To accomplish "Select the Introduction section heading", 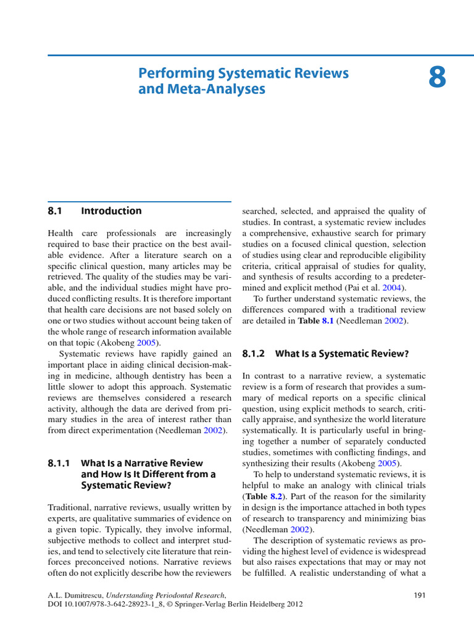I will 111,211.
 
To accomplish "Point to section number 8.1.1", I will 60,463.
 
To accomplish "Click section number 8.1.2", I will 253,354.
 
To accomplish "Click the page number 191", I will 418,595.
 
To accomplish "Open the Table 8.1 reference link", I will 328,321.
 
